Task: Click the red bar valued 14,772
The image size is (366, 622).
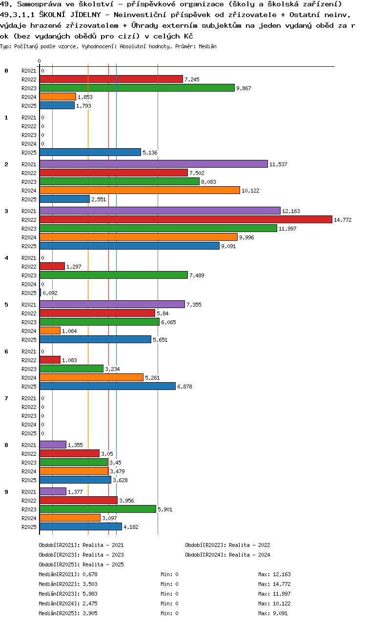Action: pos(185,220)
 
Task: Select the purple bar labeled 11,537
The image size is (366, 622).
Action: pos(153,164)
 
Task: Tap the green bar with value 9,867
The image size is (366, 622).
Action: pos(137,88)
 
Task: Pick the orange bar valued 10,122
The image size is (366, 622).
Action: pos(140,191)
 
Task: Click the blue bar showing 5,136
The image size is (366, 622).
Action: pos(90,153)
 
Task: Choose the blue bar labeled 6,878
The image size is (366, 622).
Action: pos(107,386)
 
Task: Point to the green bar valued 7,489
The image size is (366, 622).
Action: pos(113,275)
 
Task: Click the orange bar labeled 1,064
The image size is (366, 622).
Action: pos(50,330)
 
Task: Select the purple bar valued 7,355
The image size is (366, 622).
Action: pos(112,304)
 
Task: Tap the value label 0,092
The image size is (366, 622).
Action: pos(50,293)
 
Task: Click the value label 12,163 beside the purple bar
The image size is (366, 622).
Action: pos(291,211)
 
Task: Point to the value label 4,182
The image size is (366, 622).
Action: pos(131,527)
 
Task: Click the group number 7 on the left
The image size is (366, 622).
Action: pos(6,398)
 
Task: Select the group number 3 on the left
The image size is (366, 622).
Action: pos(6,211)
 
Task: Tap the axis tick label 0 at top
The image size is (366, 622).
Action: pos(39,61)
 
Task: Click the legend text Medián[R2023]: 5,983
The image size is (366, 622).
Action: pos(68,594)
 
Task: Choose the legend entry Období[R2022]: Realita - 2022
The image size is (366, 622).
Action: pos(227,545)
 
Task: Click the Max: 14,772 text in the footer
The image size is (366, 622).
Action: pos(274,584)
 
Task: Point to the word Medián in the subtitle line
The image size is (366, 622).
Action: pos(207,46)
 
